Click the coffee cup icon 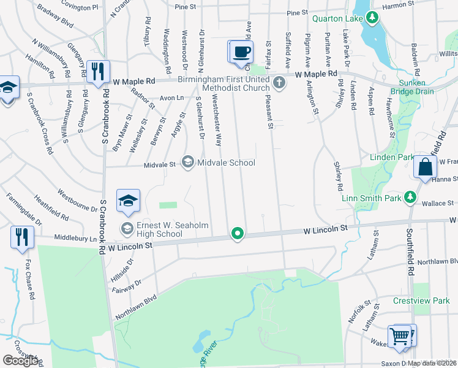(241, 52)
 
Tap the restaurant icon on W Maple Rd (98, 71)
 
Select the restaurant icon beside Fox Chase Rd (22, 236)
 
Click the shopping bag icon (425, 167)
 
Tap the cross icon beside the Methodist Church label (279, 82)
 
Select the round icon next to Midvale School (187, 163)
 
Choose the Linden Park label (392, 158)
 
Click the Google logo (20, 361)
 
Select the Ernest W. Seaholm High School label (159, 229)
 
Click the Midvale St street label (160, 164)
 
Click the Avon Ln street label (171, 97)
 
